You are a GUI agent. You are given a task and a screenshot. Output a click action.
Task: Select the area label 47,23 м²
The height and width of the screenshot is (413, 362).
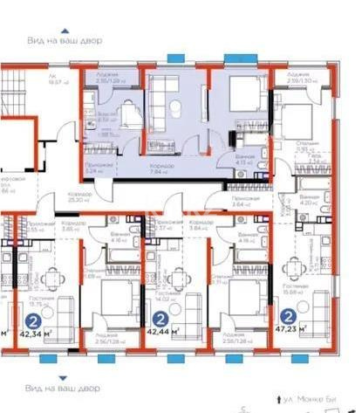[x=304, y=333]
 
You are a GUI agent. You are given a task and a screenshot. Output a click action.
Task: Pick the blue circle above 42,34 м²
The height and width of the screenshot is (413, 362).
[x=34, y=320]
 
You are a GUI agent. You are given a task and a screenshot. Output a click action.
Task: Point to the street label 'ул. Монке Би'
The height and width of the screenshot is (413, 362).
[x=311, y=397]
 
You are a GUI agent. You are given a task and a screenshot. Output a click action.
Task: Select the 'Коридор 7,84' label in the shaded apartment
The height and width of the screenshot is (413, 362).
[x=159, y=169]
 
